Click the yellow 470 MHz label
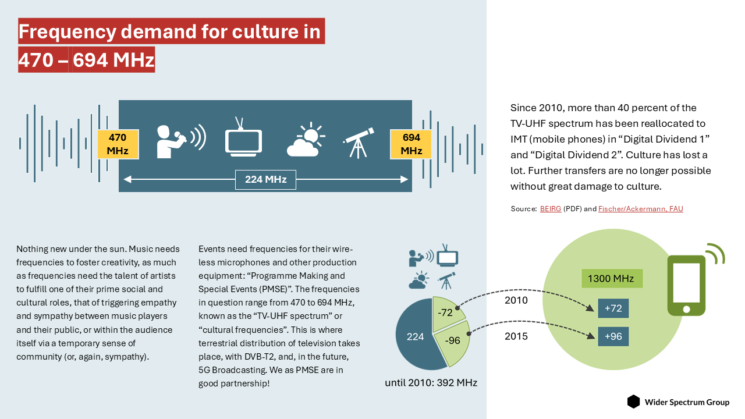point(117,144)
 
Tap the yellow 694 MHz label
point(411,144)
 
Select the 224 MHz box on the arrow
point(265,179)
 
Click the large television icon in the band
point(243,139)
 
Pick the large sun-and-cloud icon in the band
point(305,141)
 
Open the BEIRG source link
point(551,208)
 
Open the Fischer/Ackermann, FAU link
point(640,208)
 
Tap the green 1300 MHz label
point(611,278)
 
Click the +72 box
point(613,308)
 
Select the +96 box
point(613,336)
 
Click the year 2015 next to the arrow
point(516,336)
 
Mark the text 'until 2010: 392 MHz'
point(431,383)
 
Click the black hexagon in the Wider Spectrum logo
point(633,402)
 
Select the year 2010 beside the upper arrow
point(516,300)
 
